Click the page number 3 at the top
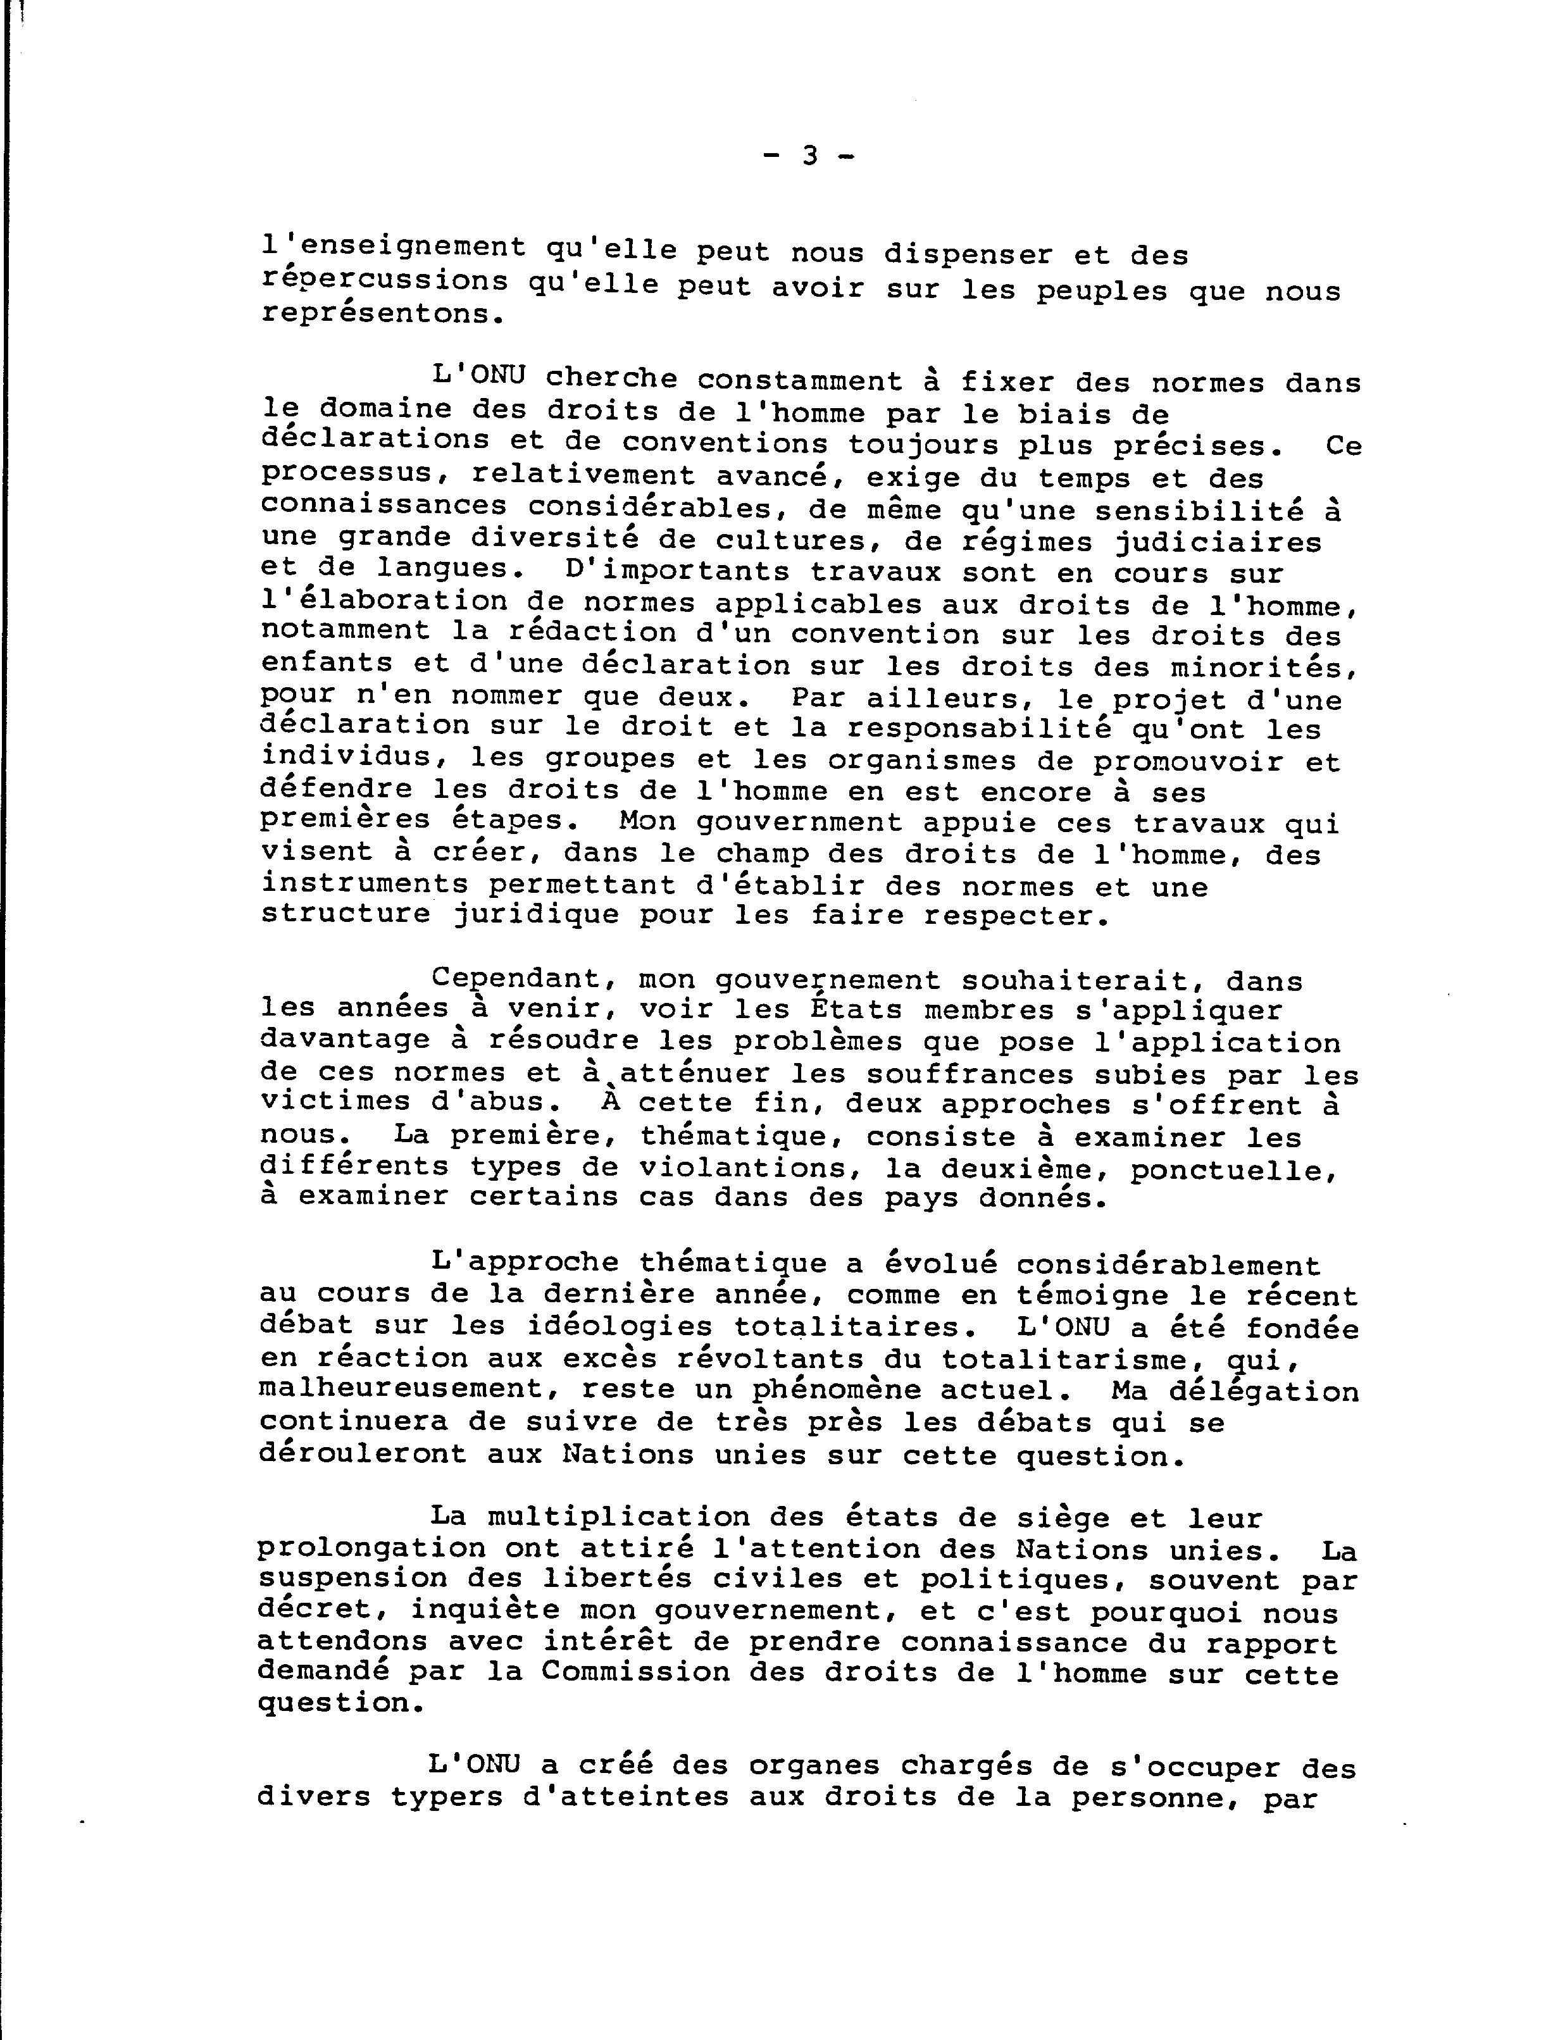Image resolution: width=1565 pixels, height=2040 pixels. [x=809, y=156]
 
